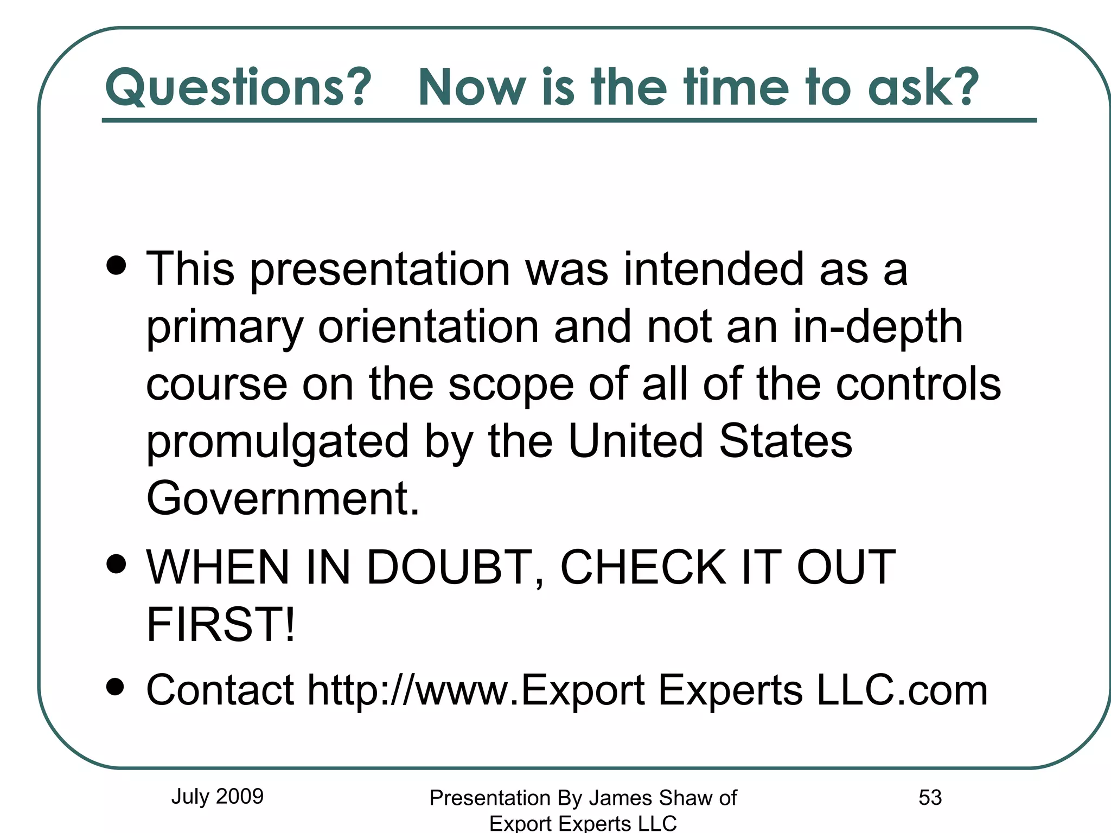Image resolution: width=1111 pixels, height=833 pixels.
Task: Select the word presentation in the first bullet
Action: [380, 270]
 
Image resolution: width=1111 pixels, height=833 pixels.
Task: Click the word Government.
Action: [283, 498]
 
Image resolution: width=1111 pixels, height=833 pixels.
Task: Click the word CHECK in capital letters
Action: [643, 567]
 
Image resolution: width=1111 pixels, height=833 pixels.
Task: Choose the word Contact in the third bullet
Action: [220, 690]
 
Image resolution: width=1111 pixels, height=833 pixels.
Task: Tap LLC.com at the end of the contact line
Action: [902, 690]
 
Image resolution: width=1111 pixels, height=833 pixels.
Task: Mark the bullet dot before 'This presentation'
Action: [116, 266]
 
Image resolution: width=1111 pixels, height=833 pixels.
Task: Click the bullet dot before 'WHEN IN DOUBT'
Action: [116, 564]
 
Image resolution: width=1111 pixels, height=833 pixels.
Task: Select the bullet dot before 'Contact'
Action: [116, 687]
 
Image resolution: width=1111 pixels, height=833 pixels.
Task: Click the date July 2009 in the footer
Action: [217, 796]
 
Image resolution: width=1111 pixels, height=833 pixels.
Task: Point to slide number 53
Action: [930, 797]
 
